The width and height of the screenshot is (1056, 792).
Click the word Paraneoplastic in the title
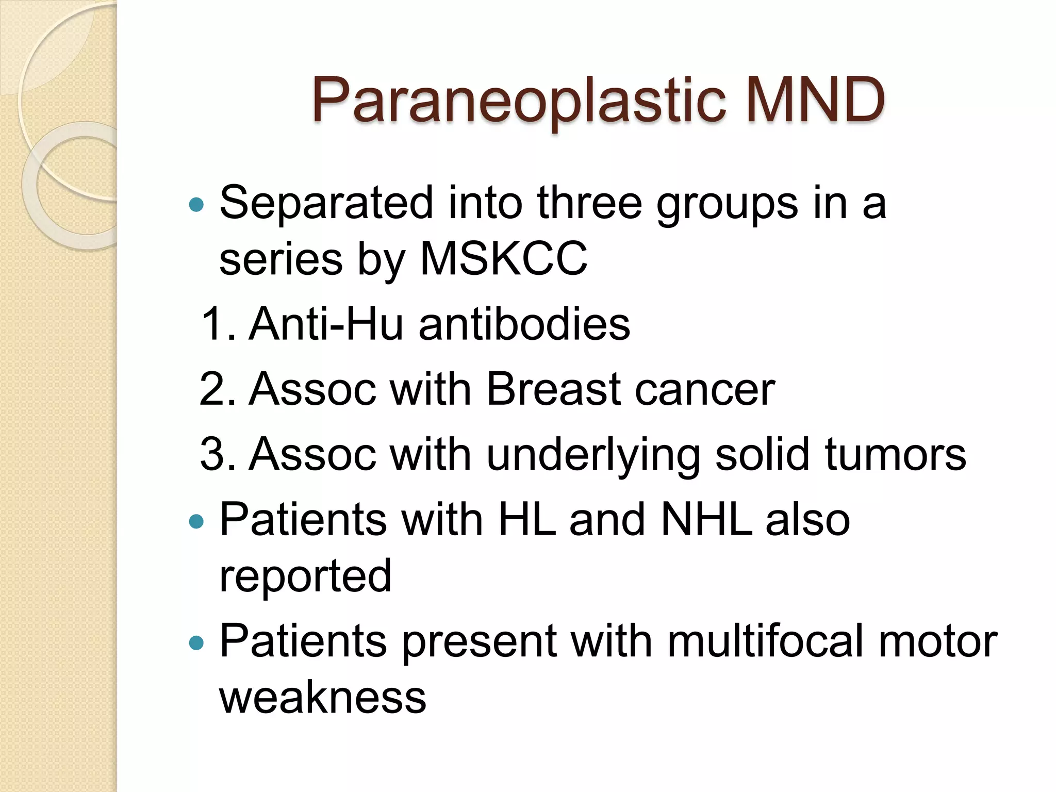click(521, 101)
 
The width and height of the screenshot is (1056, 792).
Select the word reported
click(305, 577)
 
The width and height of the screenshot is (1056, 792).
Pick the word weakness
click(323, 697)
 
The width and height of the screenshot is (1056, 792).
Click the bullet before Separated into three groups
click(196, 205)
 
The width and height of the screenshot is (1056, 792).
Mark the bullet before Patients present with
click(196, 643)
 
